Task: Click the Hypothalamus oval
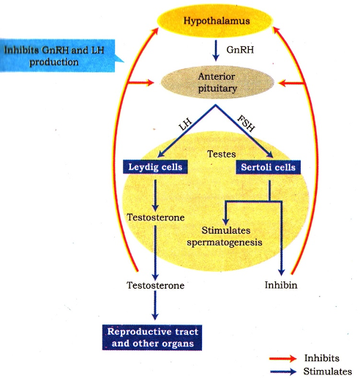click(x=216, y=21)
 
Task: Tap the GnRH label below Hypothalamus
click(x=236, y=49)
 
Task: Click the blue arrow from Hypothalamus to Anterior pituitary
click(x=215, y=49)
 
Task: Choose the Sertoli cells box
click(x=268, y=168)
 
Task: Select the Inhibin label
click(x=281, y=283)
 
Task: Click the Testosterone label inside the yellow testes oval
click(x=155, y=218)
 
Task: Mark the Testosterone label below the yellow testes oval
click(x=155, y=283)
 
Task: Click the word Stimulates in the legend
click(x=327, y=371)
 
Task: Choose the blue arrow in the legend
click(x=283, y=371)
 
